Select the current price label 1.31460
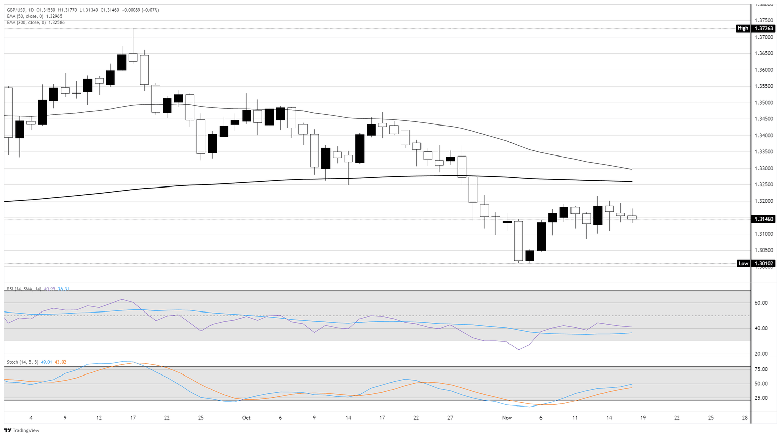(x=763, y=219)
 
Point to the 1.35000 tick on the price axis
(x=763, y=103)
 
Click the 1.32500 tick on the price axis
(x=763, y=185)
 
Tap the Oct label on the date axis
(x=246, y=418)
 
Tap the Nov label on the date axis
(x=506, y=418)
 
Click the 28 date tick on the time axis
(x=745, y=418)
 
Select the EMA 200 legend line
(x=36, y=22)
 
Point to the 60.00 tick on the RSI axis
(x=761, y=303)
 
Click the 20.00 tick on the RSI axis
(x=761, y=354)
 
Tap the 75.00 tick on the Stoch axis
(x=761, y=369)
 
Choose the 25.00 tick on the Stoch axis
(x=761, y=398)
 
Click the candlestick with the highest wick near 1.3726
(x=133, y=57)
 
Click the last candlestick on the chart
(x=632, y=217)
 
